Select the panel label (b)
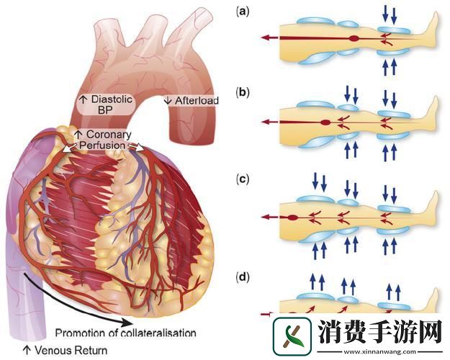pos(243,93)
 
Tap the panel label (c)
pos(243,178)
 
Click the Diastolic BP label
pos(106,106)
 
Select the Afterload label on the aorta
pos(192,101)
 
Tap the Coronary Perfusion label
pos(107,140)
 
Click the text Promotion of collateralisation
pos(125,333)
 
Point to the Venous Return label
pos(64,351)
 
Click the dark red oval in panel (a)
pos(354,37)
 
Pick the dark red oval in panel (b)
pos(326,122)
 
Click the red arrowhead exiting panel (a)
pos(266,37)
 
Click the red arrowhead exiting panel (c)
pos(266,215)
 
